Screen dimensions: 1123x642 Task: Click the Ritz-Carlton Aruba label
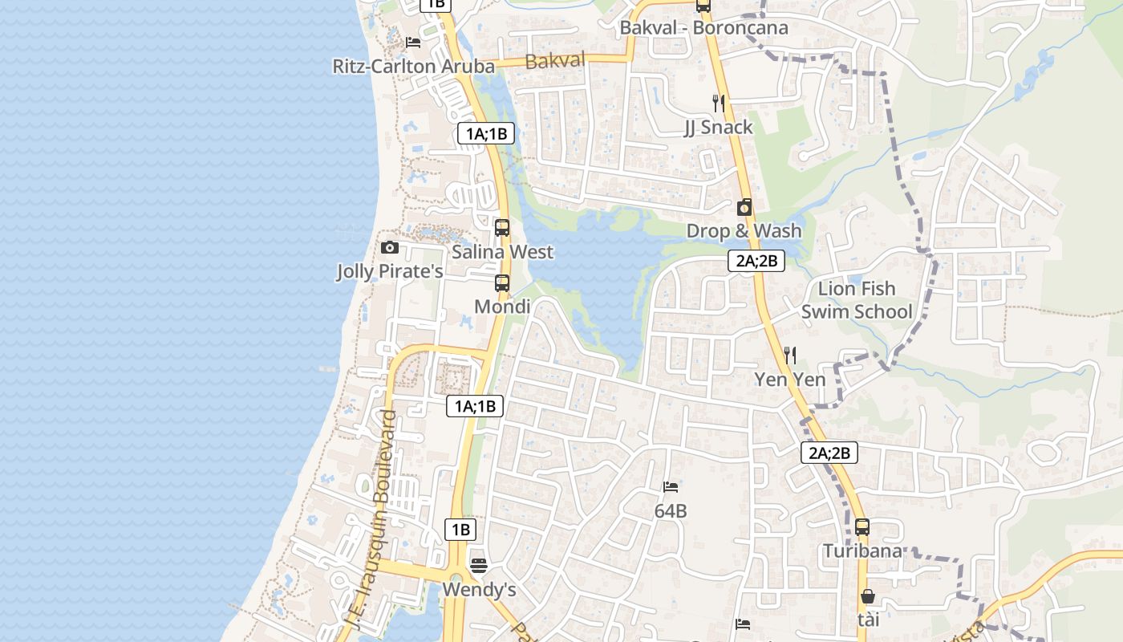pos(413,66)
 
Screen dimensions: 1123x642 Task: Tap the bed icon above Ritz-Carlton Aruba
pos(413,42)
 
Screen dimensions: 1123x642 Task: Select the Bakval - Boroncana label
pos(703,27)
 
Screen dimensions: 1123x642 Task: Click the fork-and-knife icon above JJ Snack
pos(719,103)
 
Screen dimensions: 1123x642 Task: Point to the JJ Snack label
pos(718,127)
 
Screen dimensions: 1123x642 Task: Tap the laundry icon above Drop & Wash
pos(744,207)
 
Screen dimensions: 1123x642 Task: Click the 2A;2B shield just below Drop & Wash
pos(756,260)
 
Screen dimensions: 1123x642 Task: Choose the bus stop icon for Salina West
pos(502,228)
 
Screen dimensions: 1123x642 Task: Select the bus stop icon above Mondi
pos(502,282)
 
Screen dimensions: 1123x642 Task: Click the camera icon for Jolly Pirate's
pos(390,247)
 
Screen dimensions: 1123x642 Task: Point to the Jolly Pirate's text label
pos(390,271)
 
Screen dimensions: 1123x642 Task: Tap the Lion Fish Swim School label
pos(857,300)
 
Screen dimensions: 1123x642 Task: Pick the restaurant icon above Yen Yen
pos(790,355)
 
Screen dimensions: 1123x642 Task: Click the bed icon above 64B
pos(671,486)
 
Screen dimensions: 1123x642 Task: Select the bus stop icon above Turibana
pos(862,527)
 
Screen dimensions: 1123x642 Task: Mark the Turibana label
pos(862,551)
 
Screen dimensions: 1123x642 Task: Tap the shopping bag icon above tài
pos(868,596)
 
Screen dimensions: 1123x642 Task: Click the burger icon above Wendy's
pos(479,566)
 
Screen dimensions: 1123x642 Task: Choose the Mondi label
pos(502,307)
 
